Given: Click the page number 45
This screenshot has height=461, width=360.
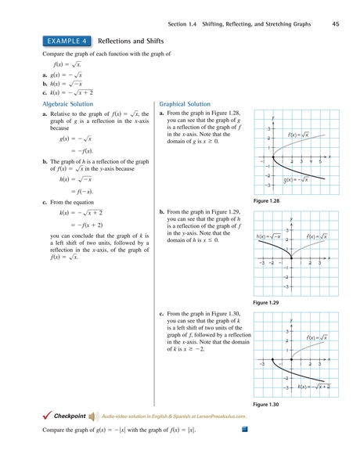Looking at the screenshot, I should coord(335,24).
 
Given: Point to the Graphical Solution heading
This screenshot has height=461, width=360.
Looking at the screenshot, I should coord(185,103).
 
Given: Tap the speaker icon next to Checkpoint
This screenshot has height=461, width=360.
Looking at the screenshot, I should coord(93,416).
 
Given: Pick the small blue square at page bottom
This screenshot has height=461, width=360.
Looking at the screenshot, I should coord(243,429).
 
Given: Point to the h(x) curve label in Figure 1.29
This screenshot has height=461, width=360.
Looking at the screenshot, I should coord(268,236).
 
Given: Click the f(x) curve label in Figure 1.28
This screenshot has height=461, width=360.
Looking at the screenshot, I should coord(298,135).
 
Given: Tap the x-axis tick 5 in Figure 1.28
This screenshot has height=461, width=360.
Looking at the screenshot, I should coord(320,160).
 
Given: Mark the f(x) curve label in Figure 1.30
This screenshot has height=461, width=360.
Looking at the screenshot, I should coord(316,337).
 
